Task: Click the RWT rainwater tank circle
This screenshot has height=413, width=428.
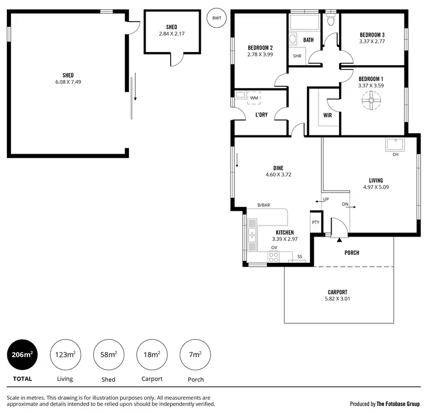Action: (x=216, y=18)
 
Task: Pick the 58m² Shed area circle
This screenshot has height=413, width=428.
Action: (x=108, y=355)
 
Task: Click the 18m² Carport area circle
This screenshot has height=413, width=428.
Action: (x=152, y=355)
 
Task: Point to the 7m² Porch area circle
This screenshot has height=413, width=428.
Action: (x=195, y=355)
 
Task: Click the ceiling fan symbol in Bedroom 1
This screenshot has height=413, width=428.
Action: (x=370, y=102)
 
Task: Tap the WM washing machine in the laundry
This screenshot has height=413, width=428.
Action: (x=253, y=98)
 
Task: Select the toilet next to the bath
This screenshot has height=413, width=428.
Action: (x=330, y=21)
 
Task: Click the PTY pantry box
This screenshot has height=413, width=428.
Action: (x=315, y=222)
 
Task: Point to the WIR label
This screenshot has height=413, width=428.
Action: (x=328, y=115)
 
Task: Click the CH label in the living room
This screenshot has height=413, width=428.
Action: (x=395, y=155)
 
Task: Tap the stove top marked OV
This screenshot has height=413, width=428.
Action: (x=274, y=256)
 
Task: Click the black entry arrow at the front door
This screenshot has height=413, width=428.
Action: (x=338, y=229)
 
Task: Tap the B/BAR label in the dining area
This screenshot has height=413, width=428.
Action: (x=264, y=205)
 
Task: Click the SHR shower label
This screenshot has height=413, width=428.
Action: (x=297, y=56)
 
